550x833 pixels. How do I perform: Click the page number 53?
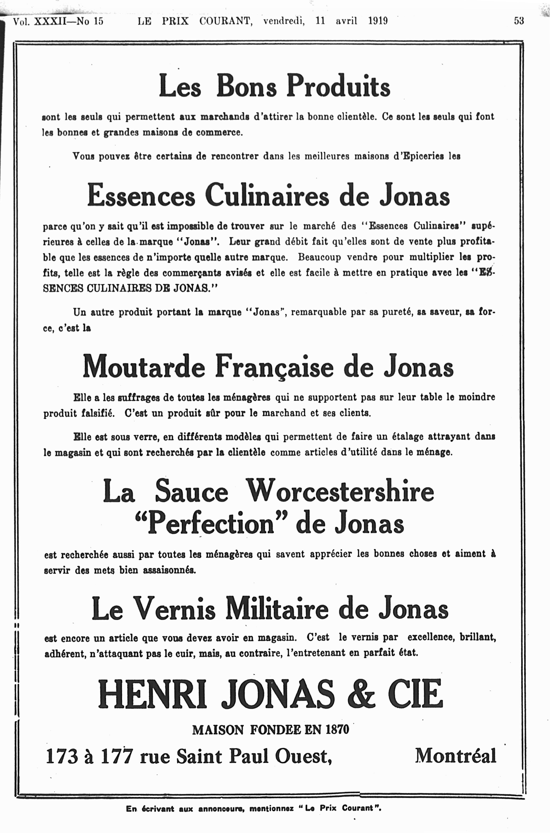tap(519, 21)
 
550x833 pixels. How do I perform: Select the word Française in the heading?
tap(274, 367)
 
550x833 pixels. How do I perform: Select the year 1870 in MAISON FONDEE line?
tap(337, 730)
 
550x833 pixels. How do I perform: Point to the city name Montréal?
tap(456, 756)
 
